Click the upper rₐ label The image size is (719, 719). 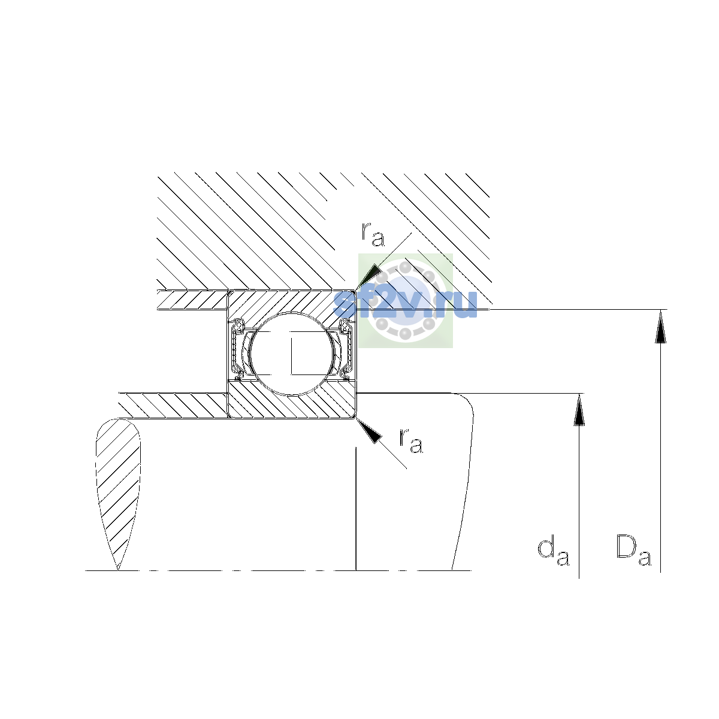coord(372,235)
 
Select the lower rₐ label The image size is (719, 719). coord(411,441)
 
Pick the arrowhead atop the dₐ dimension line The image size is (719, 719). coord(579,410)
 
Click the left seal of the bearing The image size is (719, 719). coord(237,349)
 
